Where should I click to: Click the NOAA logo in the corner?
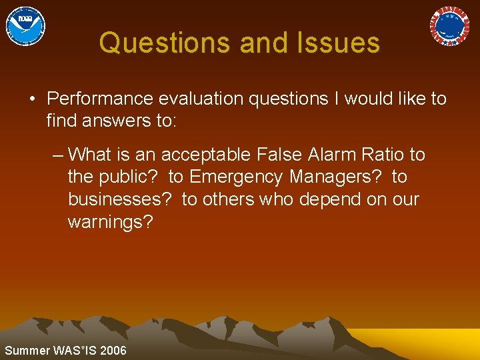pos(25,26)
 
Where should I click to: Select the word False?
pos(281,155)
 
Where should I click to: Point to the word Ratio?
pos(384,155)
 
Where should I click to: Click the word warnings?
pos(110,222)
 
